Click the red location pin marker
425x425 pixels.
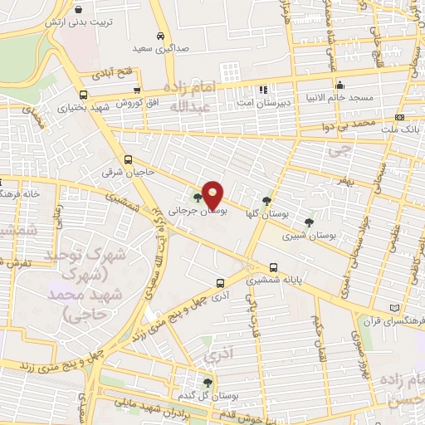[x=212, y=195]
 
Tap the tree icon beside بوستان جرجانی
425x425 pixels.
[x=197, y=198]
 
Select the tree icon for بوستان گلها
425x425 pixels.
[x=266, y=200]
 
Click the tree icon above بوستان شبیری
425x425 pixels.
[x=309, y=222]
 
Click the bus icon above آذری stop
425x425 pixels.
[x=219, y=283]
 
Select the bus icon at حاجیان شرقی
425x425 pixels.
[x=128, y=159]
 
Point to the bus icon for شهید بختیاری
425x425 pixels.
[x=83, y=94]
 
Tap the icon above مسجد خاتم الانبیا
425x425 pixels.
[x=340, y=85]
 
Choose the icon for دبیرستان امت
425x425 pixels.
[x=263, y=89]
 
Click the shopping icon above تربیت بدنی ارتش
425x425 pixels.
[x=78, y=10]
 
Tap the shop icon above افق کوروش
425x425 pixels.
[x=137, y=90]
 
